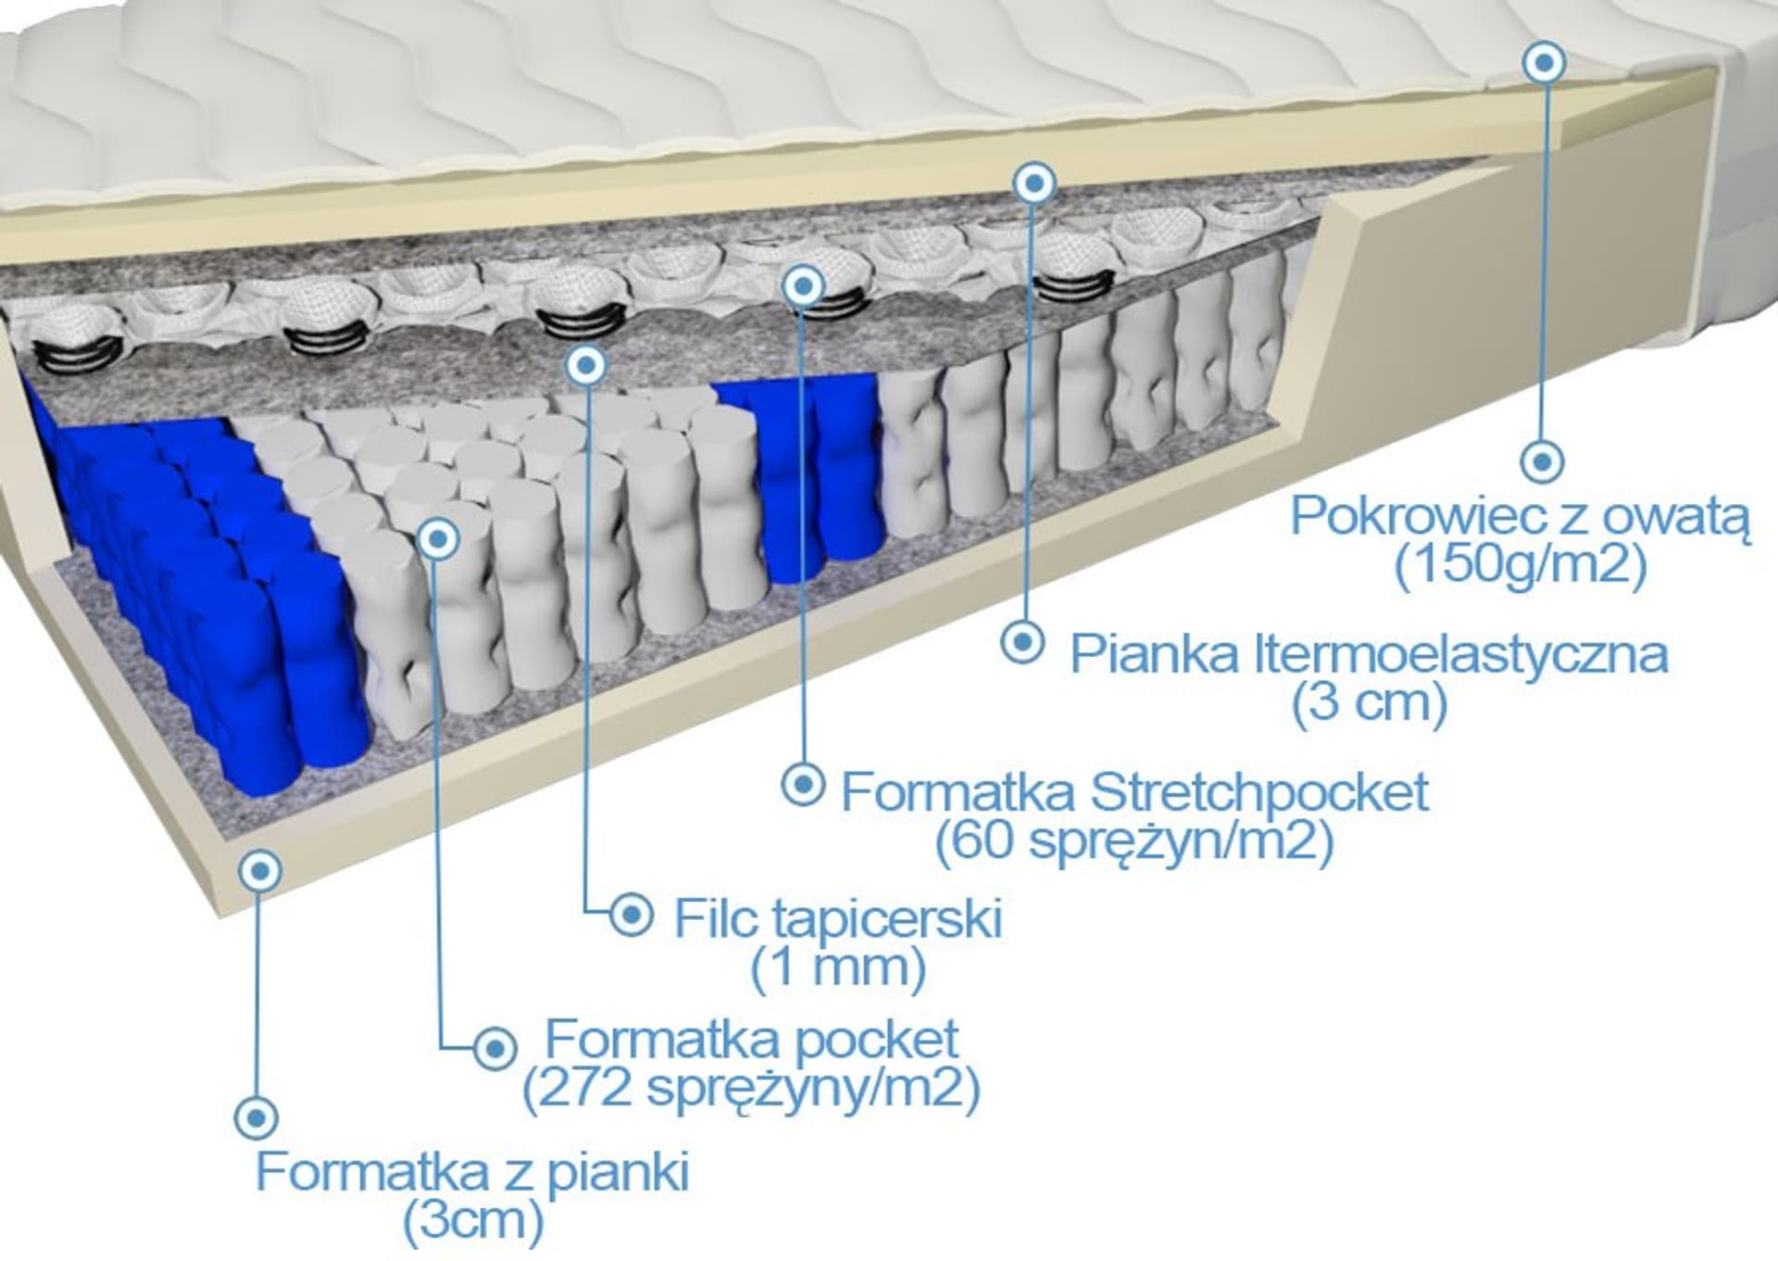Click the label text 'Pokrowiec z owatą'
pos(1521,515)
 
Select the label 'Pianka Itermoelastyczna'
pos(1369,654)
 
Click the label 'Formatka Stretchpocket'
pos(1134,792)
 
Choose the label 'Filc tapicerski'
pos(838,918)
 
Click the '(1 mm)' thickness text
pos(838,967)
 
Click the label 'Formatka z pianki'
pos(472,1172)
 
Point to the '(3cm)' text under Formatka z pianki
pos(472,1221)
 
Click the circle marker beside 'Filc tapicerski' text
pos(632,915)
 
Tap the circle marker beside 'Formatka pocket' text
pos(495,1049)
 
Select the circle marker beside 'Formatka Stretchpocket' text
pos(803,785)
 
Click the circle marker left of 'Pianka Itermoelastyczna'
pos(1023,641)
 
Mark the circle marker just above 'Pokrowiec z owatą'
pos(1543,460)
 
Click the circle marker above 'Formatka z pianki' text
pos(257,1117)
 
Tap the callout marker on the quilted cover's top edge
pos(1544,63)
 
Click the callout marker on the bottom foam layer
pos(260,871)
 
